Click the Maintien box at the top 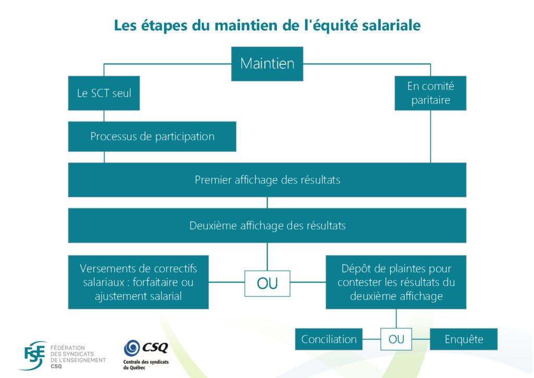click(x=267, y=64)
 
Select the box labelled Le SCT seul click(x=104, y=93)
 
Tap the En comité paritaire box click(x=430, y=93)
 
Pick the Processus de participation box click(x=152, y=136)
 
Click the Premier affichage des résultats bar click(x=267, y=180)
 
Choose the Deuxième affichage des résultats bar click(x=267, y=226)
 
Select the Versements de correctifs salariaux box click(x=138, y=282)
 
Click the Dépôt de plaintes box click(x=396, y=282)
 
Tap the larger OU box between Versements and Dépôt click(x=267, y=283)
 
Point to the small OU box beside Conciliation click(x=396, y=339)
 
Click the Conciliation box click(x=329, y=339)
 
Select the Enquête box click(x=464, y=339)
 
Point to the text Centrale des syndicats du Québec click(x=145, y=364)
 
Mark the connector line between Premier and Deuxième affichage click(x=268, y=203)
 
